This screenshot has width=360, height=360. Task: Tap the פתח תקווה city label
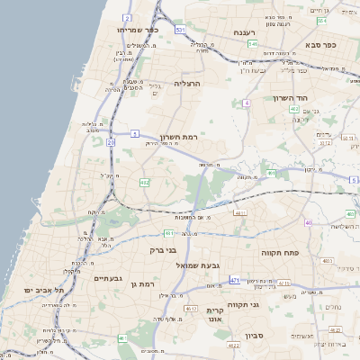click(x=280, y=254)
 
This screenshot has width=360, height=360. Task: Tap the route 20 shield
click(x=111, y=142)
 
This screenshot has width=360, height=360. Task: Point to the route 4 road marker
click(x=246, y=103)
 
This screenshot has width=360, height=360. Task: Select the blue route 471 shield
click(x=234, y=281)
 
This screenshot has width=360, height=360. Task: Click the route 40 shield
click(x=308, y=222)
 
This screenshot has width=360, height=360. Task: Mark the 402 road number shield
click(x=294, y=109)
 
